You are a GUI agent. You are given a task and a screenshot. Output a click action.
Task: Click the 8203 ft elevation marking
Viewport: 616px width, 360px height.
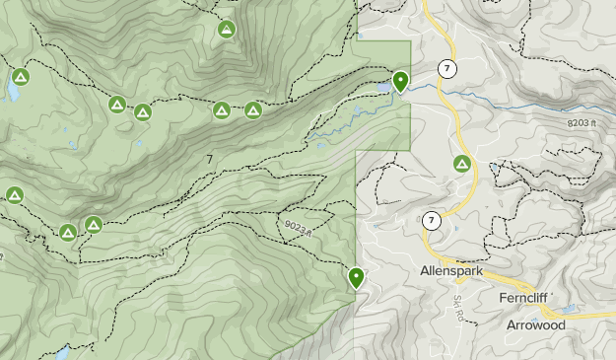[583, 122]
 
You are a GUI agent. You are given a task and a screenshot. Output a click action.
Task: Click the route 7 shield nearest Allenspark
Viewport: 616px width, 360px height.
[432, 220]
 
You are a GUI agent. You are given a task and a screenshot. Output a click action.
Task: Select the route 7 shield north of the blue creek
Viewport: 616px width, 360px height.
[448, 68]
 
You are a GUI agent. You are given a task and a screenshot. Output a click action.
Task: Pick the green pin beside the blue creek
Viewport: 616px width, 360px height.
[400, 81]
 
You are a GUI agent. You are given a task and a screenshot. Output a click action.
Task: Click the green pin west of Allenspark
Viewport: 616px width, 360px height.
[356, 277]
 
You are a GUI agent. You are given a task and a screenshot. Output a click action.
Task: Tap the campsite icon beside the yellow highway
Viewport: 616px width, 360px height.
[461, 163]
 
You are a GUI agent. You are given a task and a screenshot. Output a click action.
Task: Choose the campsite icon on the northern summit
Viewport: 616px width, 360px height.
[227, 30]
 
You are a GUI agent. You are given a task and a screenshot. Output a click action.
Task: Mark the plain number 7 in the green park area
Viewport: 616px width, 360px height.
[210, 159]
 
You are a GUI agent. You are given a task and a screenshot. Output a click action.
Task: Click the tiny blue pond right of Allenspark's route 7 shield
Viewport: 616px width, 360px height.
[454, 229]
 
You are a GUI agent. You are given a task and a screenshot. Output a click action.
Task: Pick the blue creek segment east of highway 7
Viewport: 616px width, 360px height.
[513, 99]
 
